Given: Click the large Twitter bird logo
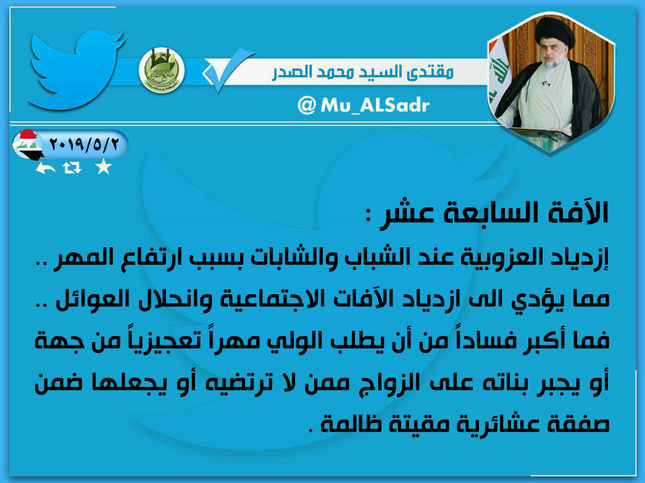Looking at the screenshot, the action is [76, 70].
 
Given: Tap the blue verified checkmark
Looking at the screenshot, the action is [228, 70].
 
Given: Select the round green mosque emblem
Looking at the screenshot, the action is [161, 70].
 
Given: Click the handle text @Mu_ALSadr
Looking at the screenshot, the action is [363, 105].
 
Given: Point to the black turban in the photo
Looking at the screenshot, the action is [554, 32].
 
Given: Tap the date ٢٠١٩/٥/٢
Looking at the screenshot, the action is [84, 144].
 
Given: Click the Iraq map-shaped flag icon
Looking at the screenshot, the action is [27, 145].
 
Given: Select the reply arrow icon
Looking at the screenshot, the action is [45, 168].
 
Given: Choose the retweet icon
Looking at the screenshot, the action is [72, 168].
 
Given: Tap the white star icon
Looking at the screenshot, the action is [103, 167].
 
